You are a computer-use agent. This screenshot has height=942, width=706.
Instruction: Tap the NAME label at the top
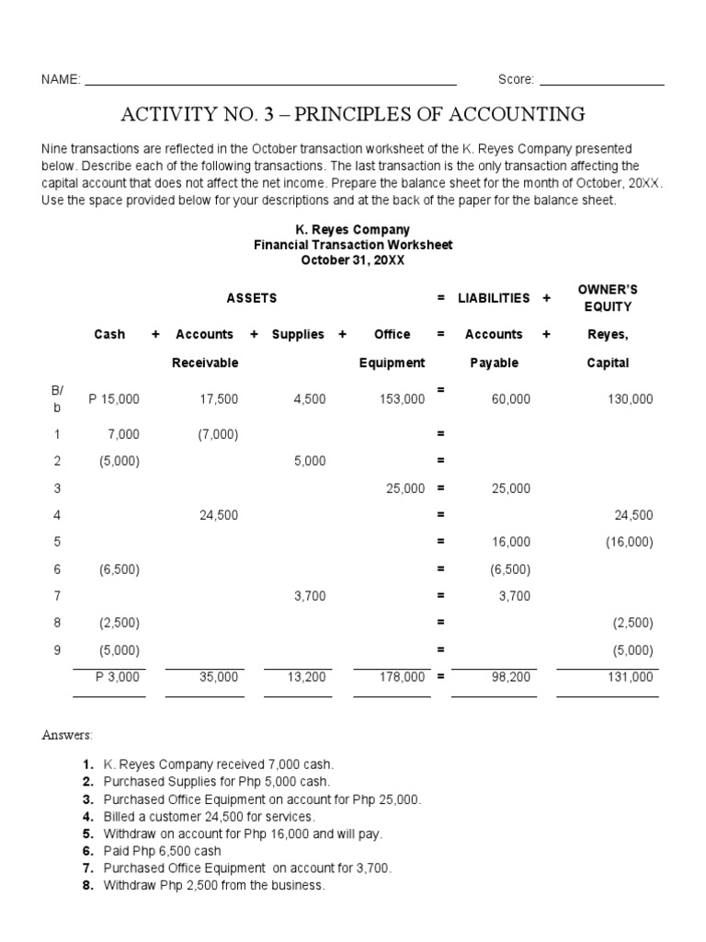(61, 80)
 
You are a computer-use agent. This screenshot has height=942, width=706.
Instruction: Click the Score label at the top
(516, 80)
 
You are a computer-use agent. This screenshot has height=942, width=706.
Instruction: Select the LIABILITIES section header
(494, 298)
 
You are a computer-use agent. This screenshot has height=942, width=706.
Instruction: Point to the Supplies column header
(298, 335)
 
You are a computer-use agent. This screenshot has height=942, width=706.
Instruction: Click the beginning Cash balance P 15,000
(114, 398)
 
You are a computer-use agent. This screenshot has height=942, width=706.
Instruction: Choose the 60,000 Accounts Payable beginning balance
(511, 398)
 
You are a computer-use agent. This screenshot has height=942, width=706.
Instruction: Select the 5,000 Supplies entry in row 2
(310, 462)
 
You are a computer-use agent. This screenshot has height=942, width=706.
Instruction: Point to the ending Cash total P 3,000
(118, 677)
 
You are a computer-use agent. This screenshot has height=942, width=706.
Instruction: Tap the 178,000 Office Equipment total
(401, 677)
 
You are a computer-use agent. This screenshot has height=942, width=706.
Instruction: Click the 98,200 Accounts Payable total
(511, 677)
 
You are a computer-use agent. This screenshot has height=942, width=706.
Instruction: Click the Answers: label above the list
(66, 735)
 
